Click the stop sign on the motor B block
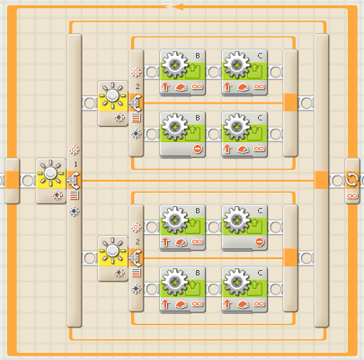click(198, 148)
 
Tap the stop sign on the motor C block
click(260, 241)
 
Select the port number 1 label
click(75, 164)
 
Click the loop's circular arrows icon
click(351, 180)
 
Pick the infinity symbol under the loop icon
click(351, 196)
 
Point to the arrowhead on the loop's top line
click(177, 6)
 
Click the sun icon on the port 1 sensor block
click(50, 173)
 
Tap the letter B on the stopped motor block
click(198, 118)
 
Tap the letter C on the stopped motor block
click(260, 211)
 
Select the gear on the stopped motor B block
click(174, 127)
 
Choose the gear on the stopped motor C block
click(236, 220)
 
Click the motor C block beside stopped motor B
click(244, 134)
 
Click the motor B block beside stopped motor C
click(182, 228)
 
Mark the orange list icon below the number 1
click(74, 195)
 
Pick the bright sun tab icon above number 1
click(74, 149)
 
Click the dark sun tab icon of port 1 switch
click(74, 211)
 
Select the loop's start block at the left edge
click(13, 181)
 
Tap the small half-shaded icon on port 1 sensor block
click(58, 195)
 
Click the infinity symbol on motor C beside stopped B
click(259, 148)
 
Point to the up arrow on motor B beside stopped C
click(165, 241)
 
